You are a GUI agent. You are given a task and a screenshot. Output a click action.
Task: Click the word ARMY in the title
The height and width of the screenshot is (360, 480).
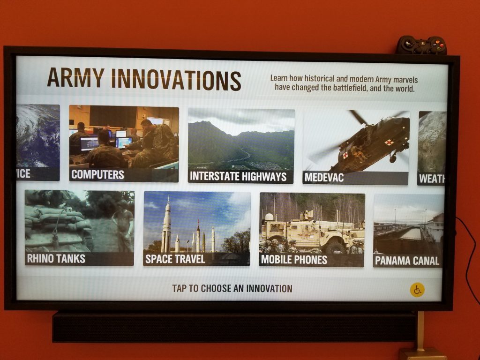tap(75, 78)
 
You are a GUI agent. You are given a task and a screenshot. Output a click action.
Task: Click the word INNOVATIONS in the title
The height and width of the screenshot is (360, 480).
tap(176, 79)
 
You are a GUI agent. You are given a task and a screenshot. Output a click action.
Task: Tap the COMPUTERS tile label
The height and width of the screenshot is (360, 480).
tap(97, 175)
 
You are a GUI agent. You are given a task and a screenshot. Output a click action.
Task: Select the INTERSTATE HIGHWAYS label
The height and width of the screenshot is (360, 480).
tap(238, 177)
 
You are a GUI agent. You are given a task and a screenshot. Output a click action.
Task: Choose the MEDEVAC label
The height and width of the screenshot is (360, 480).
tap(324, 178)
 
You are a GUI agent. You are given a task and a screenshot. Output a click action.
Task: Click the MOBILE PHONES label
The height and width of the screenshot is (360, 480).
tap(294, 260)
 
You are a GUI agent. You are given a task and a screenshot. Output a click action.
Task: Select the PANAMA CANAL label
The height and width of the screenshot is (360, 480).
tap(407, 261)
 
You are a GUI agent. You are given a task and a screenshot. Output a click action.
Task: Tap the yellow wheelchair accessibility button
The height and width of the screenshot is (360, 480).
tap(417, 290)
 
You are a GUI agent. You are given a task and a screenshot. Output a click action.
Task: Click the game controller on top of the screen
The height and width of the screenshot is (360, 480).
tap(421, 45)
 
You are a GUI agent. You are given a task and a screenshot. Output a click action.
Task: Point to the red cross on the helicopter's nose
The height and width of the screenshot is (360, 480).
tap(389, 142)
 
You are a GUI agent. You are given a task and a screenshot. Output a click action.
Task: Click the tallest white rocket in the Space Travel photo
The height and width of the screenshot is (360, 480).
tap(166, 225)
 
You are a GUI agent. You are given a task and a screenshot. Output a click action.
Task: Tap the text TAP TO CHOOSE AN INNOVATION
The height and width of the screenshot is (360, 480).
tap(232, 289)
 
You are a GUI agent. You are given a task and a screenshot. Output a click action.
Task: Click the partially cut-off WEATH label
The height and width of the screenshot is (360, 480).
tap(431, 179)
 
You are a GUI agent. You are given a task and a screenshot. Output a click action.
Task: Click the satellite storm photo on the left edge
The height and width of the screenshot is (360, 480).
tap(38, 136)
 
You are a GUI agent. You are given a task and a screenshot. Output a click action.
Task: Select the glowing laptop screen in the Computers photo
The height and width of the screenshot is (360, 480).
tap(89, 143)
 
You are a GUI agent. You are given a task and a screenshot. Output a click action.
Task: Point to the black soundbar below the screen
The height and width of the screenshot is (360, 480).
tap(234, 327)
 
